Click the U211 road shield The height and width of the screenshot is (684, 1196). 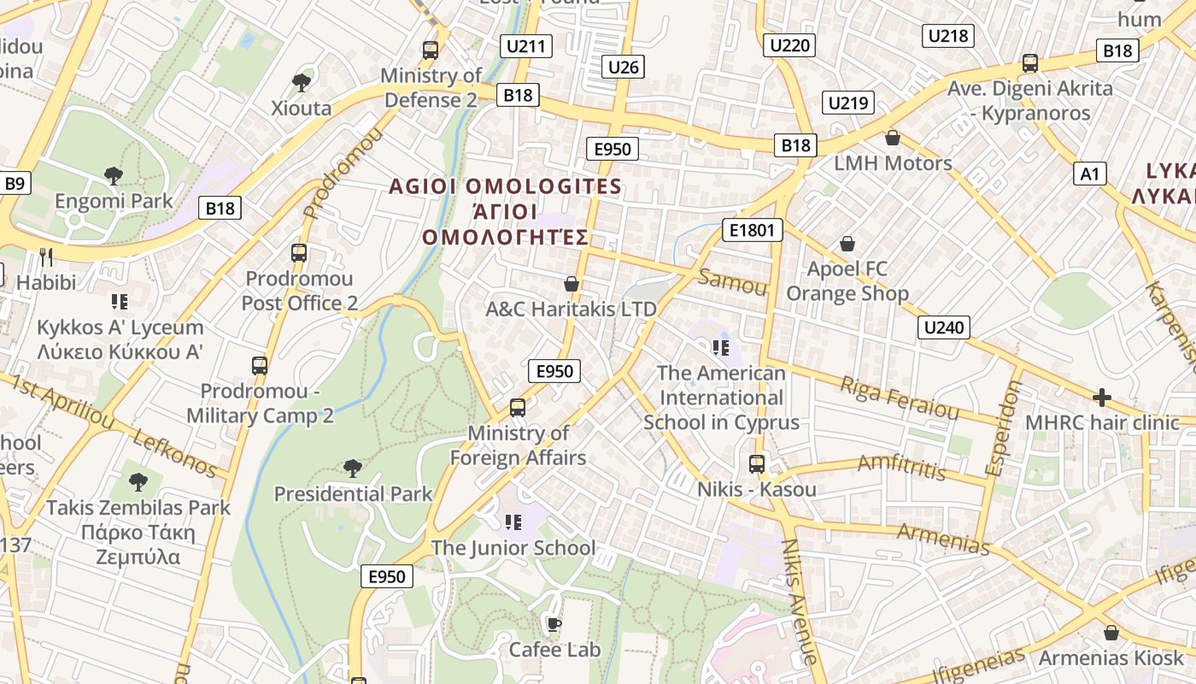coord(528,46)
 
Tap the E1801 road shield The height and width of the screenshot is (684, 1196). coord(752,229)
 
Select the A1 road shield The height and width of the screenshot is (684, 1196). coord(1089,174)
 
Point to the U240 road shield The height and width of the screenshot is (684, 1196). coord(944,327)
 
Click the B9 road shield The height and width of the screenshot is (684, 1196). coord(15,183)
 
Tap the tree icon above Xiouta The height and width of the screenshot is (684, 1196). coord(301,83)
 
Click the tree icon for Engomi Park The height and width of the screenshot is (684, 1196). coord(113,176)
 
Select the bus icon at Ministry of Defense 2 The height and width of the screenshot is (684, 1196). coord(431,50)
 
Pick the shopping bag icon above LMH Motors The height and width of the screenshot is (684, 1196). coord(893,138)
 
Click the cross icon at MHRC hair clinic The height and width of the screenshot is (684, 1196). coord(1102,398)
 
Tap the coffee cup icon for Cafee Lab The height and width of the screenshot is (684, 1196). coord(554,624)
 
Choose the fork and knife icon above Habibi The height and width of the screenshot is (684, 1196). coord(46,256)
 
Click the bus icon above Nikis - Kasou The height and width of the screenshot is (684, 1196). coord(757,464)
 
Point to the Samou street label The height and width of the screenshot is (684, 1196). coord(732,281)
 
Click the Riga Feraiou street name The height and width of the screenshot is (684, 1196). coord(900,398)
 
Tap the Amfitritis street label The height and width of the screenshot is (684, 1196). coord(901,467)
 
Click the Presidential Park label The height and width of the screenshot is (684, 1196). coord(353,494)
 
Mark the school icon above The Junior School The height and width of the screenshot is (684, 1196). coord(513,522)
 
